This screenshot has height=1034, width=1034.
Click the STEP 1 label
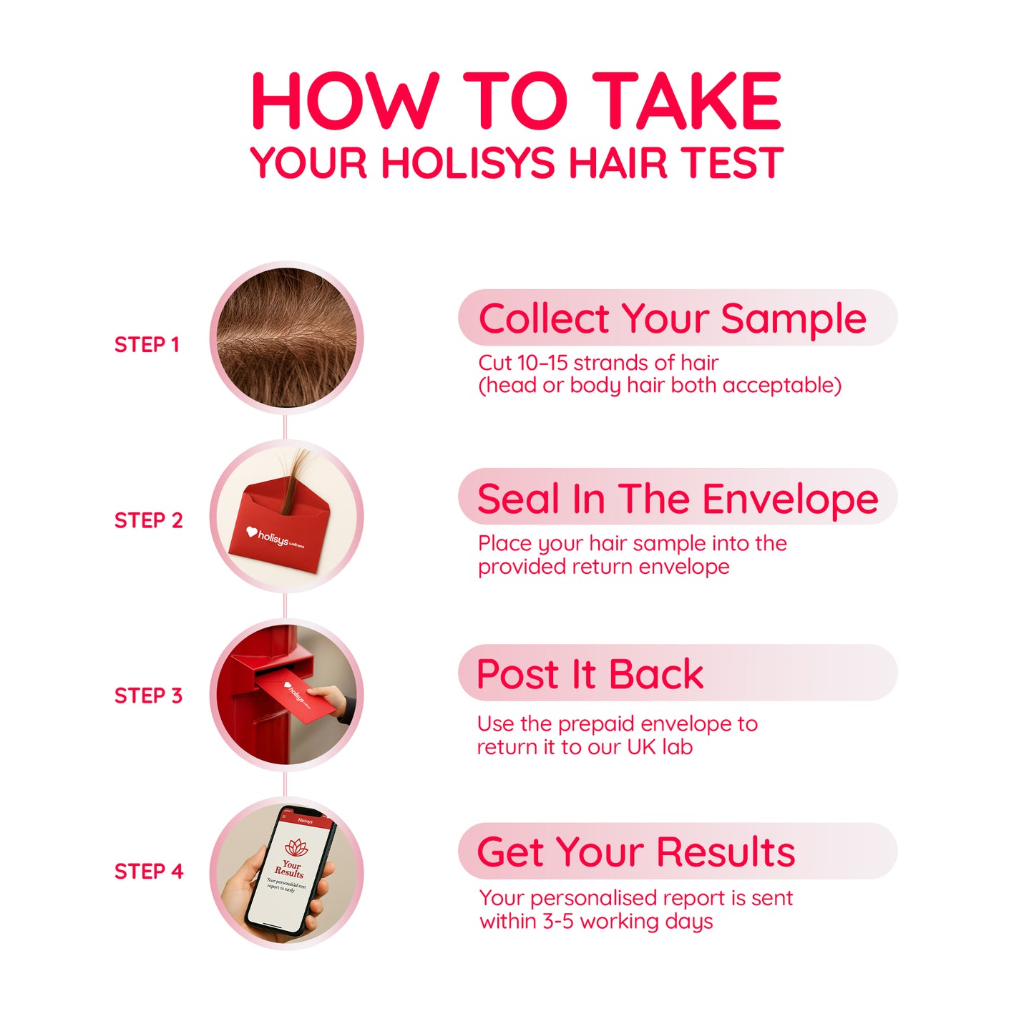coord(147,345)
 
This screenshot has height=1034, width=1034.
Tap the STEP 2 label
coord(148,520)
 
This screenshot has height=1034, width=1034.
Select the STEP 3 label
coord(148,696)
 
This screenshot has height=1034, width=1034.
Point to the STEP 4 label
coord(148,872)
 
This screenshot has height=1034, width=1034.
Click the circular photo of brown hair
coord(286,338)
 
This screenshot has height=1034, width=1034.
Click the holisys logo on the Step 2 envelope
coord(275,537)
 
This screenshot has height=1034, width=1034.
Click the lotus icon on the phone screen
coord(296,847)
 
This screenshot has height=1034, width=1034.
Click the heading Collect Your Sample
coord(672,318)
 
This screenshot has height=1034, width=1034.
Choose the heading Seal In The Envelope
coord(677,499)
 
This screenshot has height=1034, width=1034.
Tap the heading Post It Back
coord(590,674)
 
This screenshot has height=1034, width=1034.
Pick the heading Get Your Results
coord(635,852)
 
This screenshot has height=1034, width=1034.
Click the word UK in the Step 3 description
coord(641,747)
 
